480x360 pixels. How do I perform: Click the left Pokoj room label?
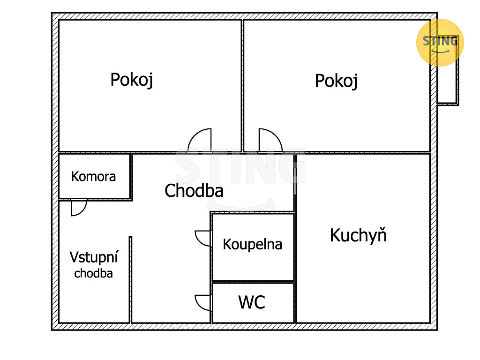(x=132, y=80)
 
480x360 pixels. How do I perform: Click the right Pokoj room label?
(x=336, y=81)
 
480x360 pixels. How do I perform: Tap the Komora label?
(x=93, y=177)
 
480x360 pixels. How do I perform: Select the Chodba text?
(x=194, y=191)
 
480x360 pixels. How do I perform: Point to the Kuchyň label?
(x=358, y=235)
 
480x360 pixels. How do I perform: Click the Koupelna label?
(x=252, y=244)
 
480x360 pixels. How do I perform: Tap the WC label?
(x=252, y=302)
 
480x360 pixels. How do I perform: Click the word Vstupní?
(x=94, y=257)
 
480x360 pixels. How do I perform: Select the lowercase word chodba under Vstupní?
(x=93, y=274)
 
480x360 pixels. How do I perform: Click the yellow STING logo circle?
(x=440, y=42)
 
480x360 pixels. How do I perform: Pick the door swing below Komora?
(x=78, y=208)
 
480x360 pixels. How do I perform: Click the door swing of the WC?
(x=203, y=302)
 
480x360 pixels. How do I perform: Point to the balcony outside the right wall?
(x=447, y=84)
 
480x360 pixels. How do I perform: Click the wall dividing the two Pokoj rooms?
(x=243, y=84)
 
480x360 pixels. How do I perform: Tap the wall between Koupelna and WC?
(x=253, y=282)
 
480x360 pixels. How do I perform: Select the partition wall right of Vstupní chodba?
(x=130, y=279)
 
